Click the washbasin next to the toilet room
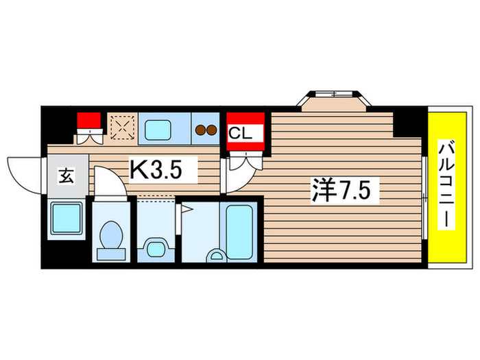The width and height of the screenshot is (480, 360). pos(155,247)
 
